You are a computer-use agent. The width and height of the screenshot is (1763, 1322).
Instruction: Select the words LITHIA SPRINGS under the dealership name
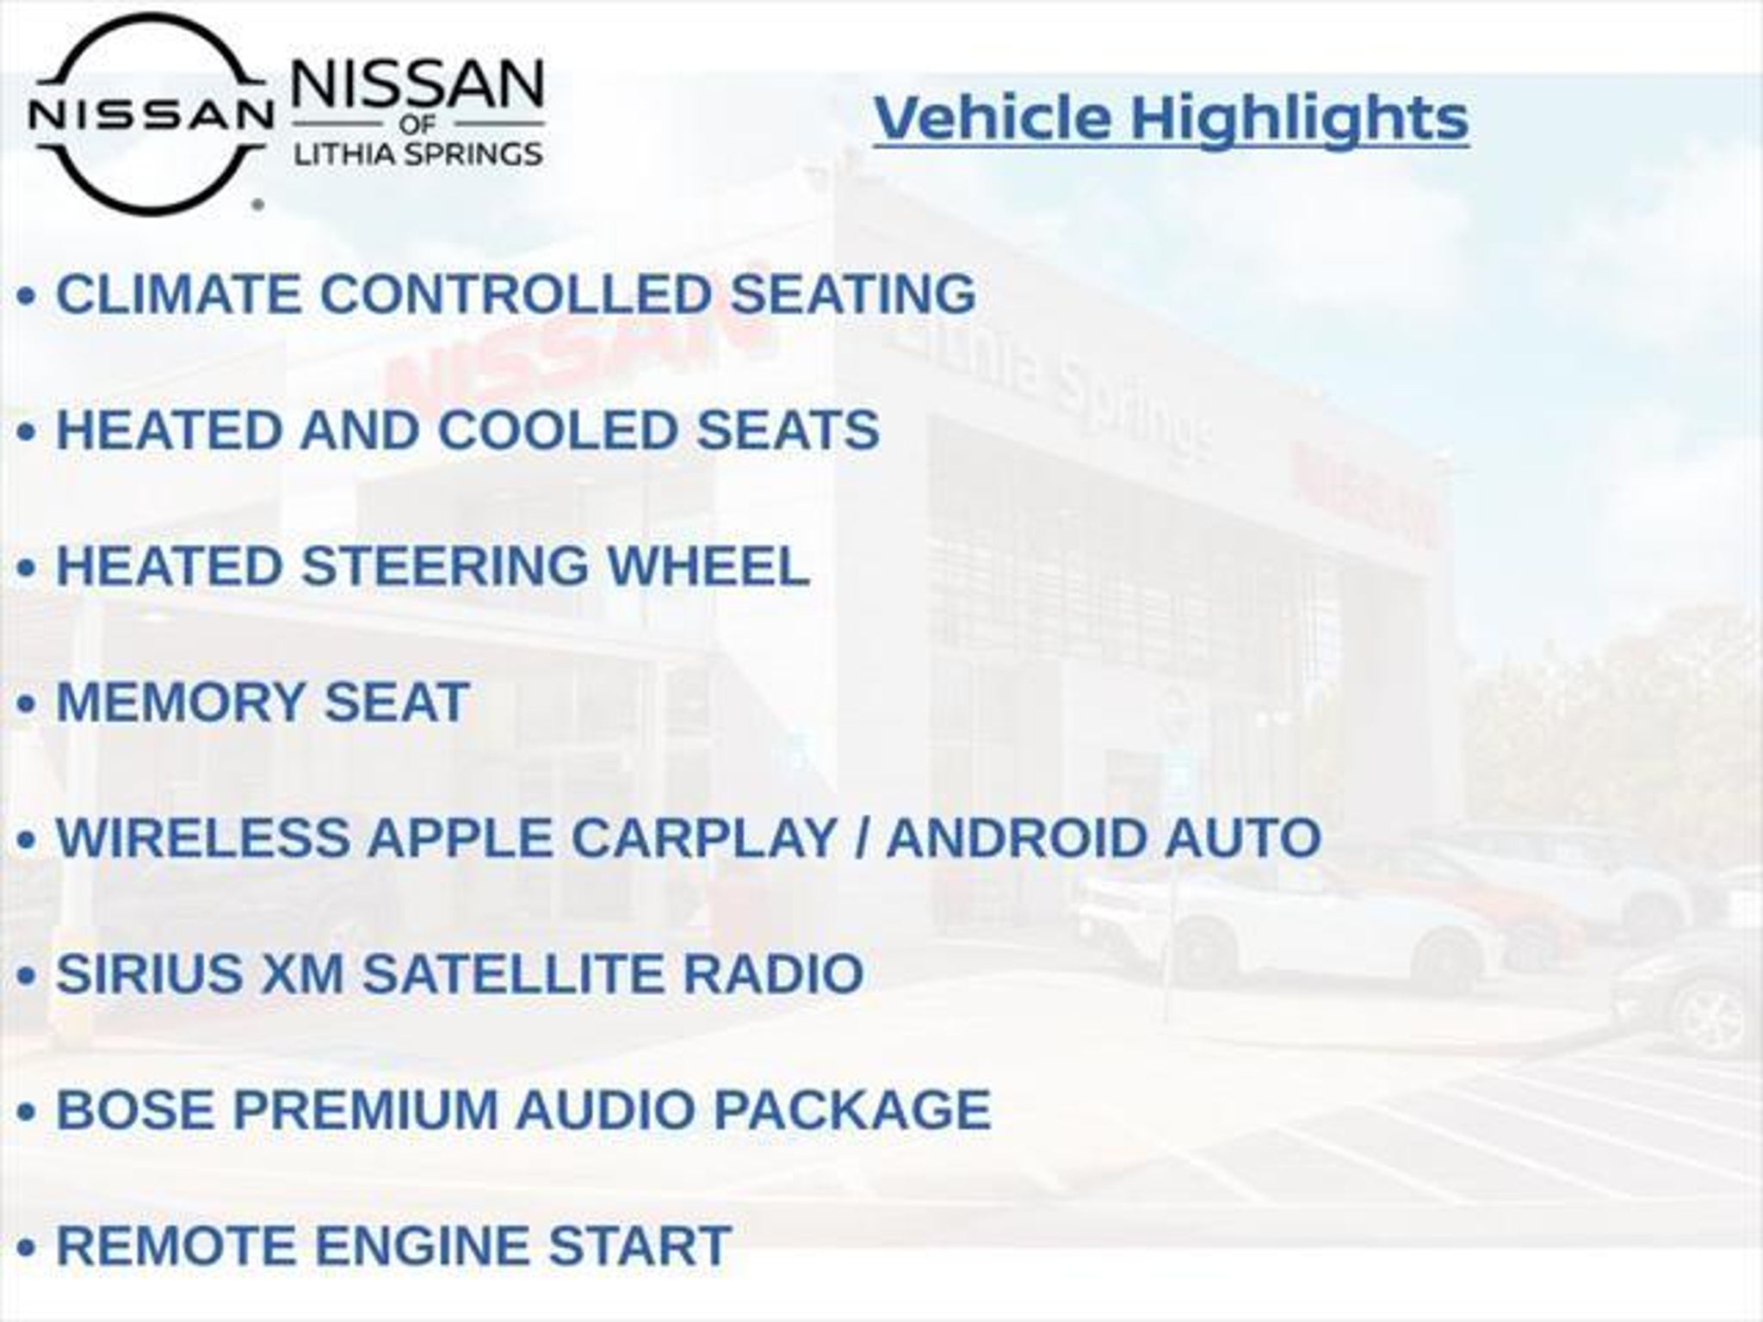click(418, 154)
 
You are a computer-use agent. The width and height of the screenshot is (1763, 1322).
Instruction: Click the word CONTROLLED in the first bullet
click(516, 293)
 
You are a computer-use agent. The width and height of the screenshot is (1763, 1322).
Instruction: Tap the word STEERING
click(444, 565)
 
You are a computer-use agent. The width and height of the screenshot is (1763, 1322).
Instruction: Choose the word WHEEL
click(708, 565)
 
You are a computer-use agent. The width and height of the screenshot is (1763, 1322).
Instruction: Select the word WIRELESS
click(203, 837)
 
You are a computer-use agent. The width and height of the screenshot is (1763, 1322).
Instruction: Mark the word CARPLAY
click(704, 837)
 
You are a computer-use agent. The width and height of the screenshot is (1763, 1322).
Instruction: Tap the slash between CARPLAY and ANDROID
click(862, 837)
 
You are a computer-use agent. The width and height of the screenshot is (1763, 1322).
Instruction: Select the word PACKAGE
click(852, 1109)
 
